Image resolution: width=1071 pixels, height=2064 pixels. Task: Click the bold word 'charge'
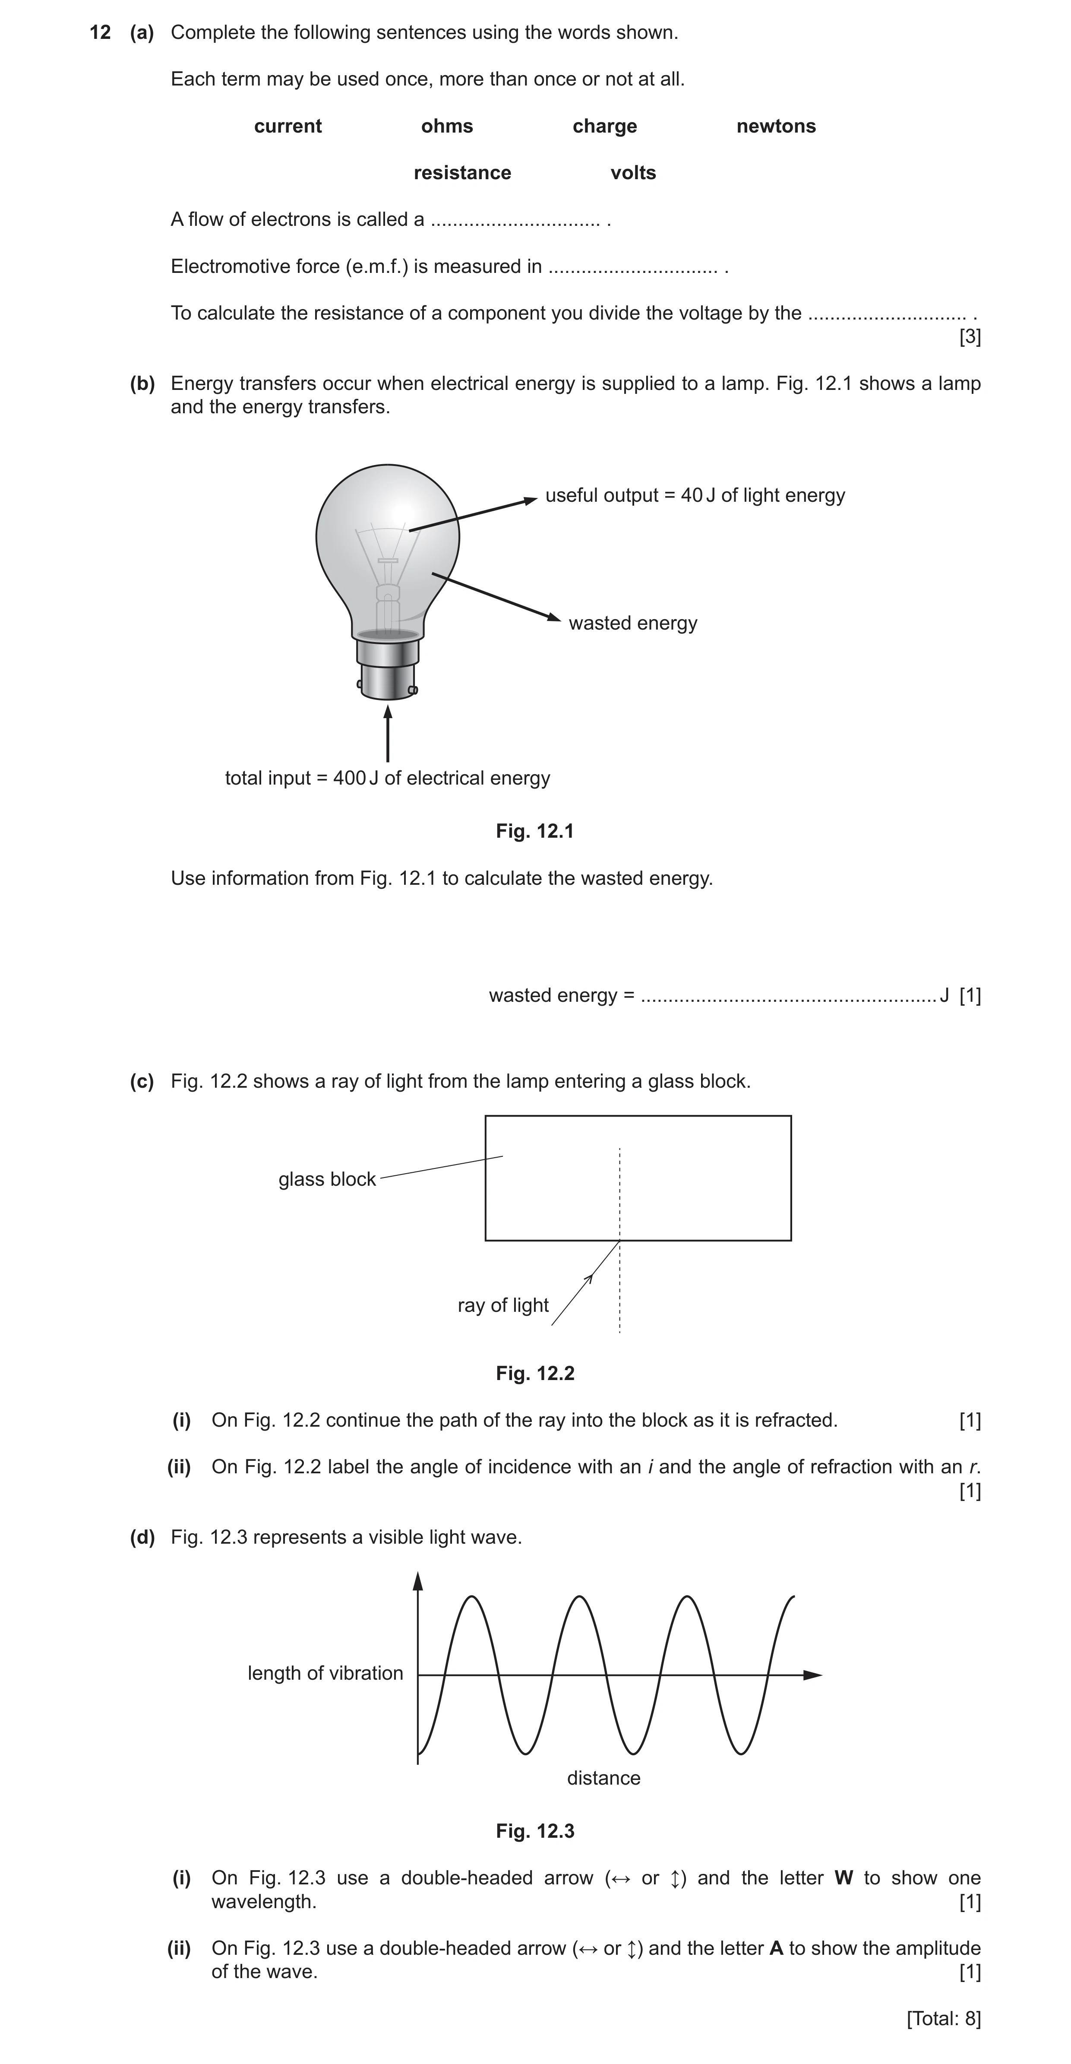pos(605,127)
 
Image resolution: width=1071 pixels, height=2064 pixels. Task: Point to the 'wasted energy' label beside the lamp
pos(633,624)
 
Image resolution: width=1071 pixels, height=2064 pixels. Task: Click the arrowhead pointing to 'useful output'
pos(530,500)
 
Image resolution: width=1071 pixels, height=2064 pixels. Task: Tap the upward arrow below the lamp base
pos(388,733)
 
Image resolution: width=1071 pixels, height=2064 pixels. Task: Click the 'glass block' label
pos(327,1179)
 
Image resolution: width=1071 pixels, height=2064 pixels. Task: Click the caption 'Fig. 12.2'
pos(535,1373)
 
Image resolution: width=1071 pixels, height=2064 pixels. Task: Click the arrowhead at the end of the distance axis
pos(812,1675)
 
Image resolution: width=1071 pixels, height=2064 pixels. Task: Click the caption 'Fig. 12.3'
pos(535,1831)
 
